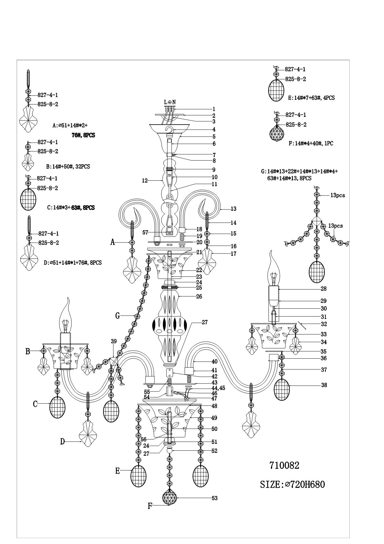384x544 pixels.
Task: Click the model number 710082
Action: coord(284,465)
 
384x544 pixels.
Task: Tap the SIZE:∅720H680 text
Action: coord(292,484)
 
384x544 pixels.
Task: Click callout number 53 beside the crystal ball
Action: coord(214,498)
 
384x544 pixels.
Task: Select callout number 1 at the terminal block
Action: coord(214,109)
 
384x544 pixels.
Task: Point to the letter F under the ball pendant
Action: coord(150,506)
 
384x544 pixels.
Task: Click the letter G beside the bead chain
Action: coord(118,316)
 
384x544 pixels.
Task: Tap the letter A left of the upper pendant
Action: coord(113,242)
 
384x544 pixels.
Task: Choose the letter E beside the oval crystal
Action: coord(118,471)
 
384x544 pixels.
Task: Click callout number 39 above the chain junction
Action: coord(114,341)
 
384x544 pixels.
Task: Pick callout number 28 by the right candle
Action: coord(324,289)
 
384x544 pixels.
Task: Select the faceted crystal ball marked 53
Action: coord(169,498)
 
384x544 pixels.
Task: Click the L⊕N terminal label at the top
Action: coord(170,102)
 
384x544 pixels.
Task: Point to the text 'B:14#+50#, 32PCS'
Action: coord(68,166)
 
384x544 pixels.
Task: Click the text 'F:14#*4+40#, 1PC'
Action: coord(311,144)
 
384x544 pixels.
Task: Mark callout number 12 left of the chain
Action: coord(145,180)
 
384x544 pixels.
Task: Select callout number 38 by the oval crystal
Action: coord(324,385)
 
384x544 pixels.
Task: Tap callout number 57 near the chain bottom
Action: coord(145,232)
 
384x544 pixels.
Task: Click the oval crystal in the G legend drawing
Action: coord(316,272)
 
